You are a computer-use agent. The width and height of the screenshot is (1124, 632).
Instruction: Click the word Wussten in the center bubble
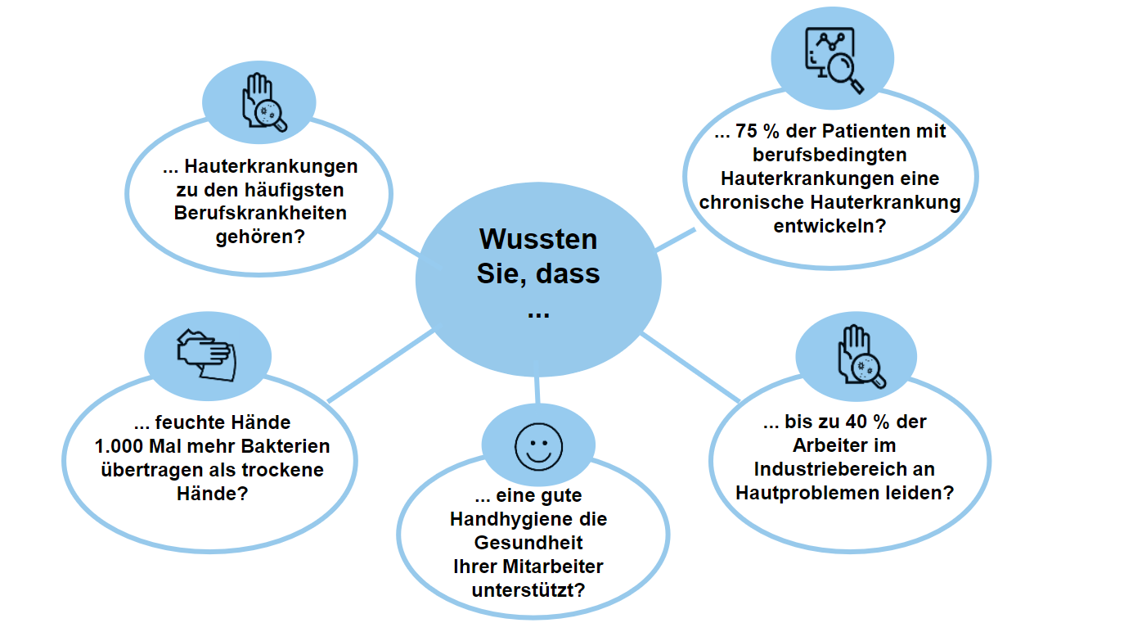[538, 239]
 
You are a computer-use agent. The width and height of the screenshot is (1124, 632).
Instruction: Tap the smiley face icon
[538, 447]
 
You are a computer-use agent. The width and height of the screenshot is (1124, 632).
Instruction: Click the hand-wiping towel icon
[206, 355]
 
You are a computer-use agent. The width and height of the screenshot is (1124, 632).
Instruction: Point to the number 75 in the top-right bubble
[746, 131]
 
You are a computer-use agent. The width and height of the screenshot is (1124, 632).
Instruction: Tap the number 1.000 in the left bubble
[119, 446]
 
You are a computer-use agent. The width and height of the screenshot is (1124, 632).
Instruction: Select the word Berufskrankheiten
[260, 213]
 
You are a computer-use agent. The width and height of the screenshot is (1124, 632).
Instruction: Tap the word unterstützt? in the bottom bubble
[528, 589]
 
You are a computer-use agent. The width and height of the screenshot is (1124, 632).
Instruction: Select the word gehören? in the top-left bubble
[260, 237]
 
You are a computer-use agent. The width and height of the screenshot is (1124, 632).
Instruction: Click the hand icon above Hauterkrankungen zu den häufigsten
[263, 102]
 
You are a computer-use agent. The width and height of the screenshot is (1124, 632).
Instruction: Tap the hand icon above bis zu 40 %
[860, 356]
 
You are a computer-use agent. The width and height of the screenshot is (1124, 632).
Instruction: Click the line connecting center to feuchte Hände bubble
[381, 365]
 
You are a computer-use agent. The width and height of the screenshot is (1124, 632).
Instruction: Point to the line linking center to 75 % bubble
[676, 239]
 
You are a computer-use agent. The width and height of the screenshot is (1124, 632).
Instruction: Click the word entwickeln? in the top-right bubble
[830, 226]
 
